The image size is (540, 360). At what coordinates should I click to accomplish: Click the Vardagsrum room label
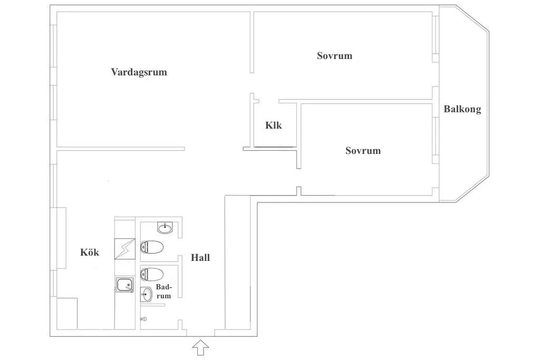tap(139, 72)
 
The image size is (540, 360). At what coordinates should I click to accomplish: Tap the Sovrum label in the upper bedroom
tap(334, 56)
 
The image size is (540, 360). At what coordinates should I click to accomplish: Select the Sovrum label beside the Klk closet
tap(363, 150)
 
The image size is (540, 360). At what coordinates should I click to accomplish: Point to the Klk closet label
tap(274, 125)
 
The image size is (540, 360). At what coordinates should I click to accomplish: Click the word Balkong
tap(462, 109)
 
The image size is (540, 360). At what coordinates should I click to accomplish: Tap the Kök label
tap(90, 252)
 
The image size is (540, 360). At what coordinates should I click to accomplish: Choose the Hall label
tap(200, 257)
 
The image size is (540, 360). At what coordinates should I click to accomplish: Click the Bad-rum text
tap(163, 291)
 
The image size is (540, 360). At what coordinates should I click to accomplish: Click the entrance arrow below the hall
tap(200, 347)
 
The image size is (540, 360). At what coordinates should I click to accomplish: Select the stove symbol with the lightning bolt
tap(124, 249)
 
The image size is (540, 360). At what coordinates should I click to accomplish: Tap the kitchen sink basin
tap(124, 285)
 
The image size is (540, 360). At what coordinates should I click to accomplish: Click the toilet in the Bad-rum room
tap(152, 275)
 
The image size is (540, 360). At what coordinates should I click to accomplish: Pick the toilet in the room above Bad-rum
tap(152, 247)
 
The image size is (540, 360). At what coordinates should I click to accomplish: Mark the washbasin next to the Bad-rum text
tap(147, 295)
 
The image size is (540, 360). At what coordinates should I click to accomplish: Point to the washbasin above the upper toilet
tap(166, 228)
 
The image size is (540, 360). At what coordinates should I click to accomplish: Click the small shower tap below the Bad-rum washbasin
tap(143, 319)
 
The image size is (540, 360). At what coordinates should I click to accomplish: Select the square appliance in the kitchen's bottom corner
tap(67, 313)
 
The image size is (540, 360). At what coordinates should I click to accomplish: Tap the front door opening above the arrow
tap(200, 333)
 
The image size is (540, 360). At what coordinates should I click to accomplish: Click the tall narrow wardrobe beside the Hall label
tap(238, 262)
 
